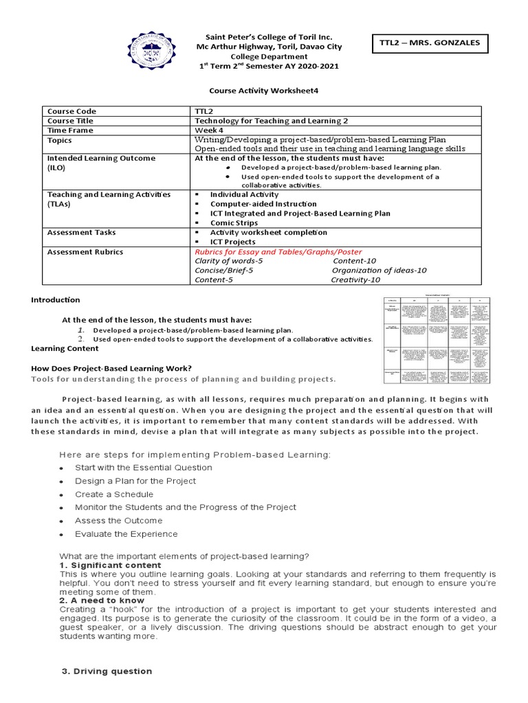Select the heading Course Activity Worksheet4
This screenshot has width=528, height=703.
pos(264,90)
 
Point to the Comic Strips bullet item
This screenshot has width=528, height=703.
pos(234,223)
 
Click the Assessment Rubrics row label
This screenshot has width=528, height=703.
pos(85,252)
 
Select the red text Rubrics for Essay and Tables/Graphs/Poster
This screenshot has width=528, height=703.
pos(278,252)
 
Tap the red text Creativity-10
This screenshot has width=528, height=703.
pos(355,279)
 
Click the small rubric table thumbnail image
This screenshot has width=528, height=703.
pos(437,341)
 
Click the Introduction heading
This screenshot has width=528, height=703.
pos(56,300)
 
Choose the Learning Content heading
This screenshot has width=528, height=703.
pos(64,348)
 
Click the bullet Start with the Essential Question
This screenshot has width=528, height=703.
pos(144,468)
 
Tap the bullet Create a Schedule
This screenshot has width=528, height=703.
pos(114,494)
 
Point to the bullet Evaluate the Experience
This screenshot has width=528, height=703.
pos(126,534)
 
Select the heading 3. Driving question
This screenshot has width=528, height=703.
pos(107,671)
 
